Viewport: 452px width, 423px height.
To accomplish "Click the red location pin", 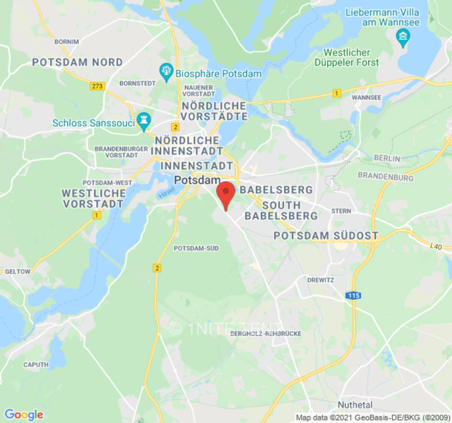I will coord(226,194).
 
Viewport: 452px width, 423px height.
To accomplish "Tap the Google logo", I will coord(23,415).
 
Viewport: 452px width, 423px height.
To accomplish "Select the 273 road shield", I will coord(97,86).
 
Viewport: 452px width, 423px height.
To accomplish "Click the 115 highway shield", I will coord(354,296).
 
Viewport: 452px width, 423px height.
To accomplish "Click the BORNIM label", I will coord(66,41).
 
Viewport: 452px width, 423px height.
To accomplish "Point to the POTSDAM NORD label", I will coord(77,62).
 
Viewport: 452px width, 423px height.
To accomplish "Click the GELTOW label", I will coord(17,271).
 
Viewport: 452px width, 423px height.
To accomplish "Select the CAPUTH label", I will coord(36,364).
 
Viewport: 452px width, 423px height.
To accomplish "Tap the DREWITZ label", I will coord(320,280).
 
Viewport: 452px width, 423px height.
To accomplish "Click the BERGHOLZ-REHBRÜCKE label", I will coord(266,334).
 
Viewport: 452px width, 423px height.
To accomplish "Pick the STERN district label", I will coord(341,210).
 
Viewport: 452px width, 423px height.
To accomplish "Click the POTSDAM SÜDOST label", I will coord(326,235).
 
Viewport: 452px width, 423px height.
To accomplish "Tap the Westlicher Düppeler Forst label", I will coord(351,58).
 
